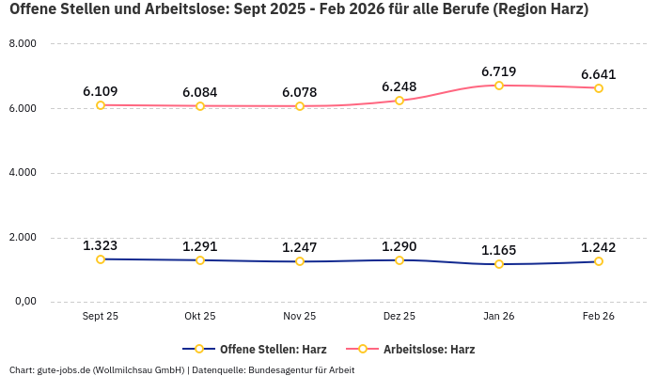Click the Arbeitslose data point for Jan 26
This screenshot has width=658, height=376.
pos(499,86)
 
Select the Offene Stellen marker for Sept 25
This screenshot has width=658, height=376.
pos(101,258)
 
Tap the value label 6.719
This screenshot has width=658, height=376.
pos(499,71)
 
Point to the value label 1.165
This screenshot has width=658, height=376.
pos(499,250)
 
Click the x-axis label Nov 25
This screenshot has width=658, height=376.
pos(300,317)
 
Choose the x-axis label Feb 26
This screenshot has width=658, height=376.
pos(599,317)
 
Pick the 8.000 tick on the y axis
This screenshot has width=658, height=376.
pos(23,44)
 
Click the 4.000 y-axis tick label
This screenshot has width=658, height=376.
pos(23,173)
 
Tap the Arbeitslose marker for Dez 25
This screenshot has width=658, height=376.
pos(399,101)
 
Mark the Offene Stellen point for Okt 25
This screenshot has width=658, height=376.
pos(200,259)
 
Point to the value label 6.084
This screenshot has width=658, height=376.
pos(200,92)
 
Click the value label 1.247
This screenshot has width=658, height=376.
pos(300,247)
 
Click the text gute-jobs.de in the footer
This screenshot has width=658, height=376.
pos(63,369)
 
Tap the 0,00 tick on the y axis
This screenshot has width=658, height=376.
pos(23,302)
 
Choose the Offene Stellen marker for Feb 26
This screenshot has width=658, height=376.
pos(599,261)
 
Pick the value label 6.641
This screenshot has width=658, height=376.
pos(599,74)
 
